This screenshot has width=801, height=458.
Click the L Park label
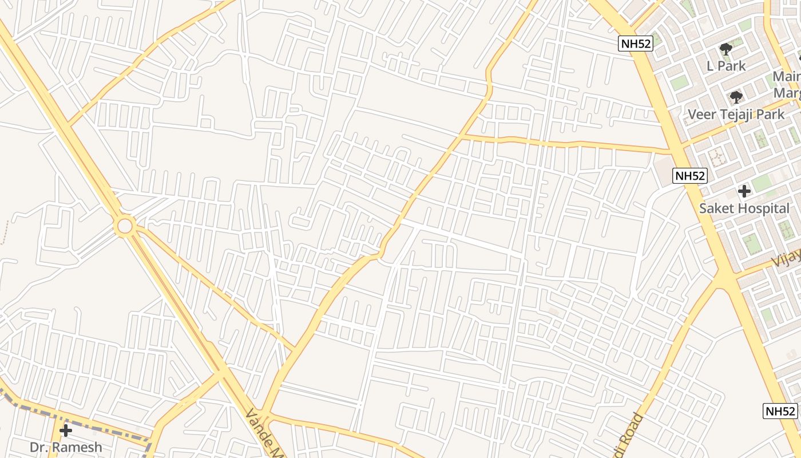[726, 66]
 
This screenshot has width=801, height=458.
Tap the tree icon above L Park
[726, 49]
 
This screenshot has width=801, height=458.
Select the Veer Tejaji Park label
[736, 114]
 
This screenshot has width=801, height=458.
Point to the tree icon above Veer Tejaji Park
[736, 97]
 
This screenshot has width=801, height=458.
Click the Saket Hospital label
[744, 208]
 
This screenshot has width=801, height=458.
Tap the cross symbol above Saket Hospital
[744, 191]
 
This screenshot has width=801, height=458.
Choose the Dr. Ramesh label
[66, 447]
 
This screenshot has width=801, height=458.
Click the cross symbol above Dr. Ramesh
[66, 430]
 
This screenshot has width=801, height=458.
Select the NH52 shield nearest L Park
[636, 44]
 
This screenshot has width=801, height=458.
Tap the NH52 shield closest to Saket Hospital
[690, 176]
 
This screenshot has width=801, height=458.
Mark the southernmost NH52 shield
[780, 411]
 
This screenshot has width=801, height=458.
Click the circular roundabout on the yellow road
[125, 225]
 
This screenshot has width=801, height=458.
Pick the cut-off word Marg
[788, 93]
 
